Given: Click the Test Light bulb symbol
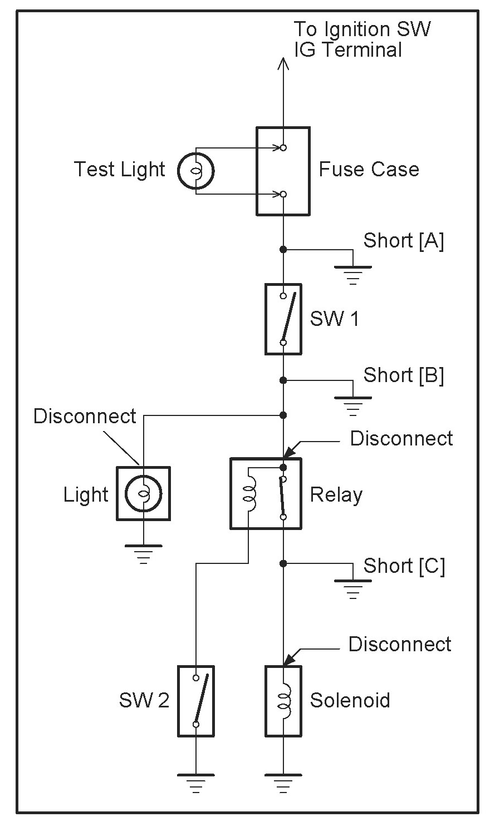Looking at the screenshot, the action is tap(195, 171).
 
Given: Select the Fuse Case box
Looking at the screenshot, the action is tap(283, 171).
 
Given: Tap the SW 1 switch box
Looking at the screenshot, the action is tap(283, 319).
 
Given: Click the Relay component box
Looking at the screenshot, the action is tap(266, 493).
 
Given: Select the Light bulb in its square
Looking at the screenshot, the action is tap(144, 494).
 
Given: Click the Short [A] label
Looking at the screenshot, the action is tap(404, 240).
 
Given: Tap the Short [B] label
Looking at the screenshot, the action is tap(404, 375).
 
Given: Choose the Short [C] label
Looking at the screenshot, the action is tap(404, 566).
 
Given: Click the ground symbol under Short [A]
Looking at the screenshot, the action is tap(353, 275).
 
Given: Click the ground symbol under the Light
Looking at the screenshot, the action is tap(144, 554).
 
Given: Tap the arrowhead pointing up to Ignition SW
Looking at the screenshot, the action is tap(283, 63).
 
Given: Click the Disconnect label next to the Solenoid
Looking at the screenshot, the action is tap(400, 644).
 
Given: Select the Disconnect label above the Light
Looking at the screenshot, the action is tap(85, 416).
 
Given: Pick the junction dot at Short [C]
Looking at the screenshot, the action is tap(283, 563).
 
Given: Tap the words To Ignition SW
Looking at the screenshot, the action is tap(362, 29).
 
